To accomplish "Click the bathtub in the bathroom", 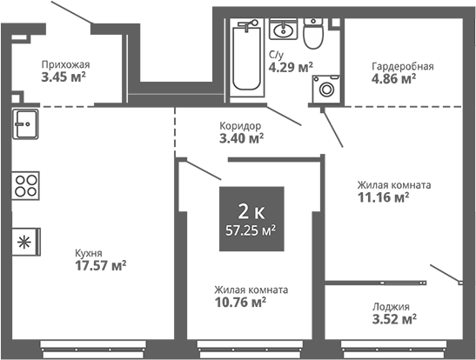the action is click(246, 57).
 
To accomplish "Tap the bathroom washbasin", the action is click(283, 29).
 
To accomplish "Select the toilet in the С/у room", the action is click(313, 33).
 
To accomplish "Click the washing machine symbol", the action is click(326, 88).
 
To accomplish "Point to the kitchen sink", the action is click(25, 124).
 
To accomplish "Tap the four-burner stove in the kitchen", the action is click(25, 185).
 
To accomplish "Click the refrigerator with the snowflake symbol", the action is click(26, 242).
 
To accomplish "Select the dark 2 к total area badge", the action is click(251, 218).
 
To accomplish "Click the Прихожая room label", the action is click(65, 64).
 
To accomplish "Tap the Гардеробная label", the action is click(403, 66).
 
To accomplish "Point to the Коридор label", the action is click(240, 125).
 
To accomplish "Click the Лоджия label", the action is click(391, 307).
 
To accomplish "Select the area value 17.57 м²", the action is click(100, 266).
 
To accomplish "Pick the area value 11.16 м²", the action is click(384, 197).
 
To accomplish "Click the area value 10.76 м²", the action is click(240, 302).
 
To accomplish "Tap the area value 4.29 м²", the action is click(291, 67).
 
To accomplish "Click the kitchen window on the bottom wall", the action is click(93, 350).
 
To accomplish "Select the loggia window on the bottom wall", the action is click(393, 350).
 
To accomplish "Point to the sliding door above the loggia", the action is click(376, 283).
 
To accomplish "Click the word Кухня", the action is click(89, 254).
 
